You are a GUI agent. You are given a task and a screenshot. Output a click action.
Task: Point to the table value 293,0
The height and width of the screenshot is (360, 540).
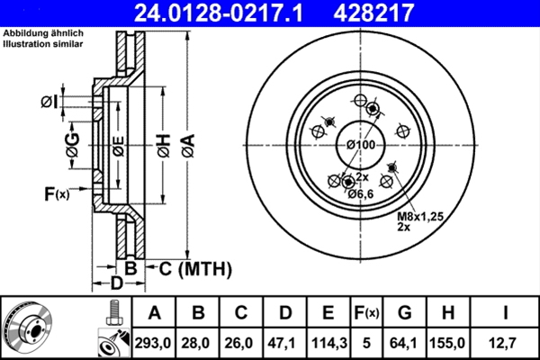pos(154,342)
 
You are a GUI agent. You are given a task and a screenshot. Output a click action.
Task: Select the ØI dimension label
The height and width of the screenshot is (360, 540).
pos(50,101)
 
